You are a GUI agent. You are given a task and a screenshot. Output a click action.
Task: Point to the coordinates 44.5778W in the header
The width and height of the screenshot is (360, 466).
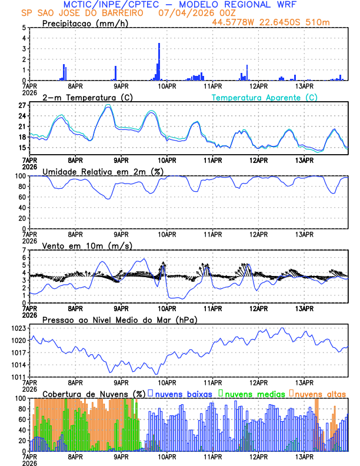tap(235, 22)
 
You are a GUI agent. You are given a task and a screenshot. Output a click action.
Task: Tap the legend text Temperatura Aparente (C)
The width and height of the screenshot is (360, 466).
tap(265, 97)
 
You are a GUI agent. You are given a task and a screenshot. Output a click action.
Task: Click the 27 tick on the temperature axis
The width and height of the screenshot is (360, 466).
tap(22, 105)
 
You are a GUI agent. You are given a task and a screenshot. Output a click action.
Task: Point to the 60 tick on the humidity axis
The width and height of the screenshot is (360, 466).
tap(21, 197)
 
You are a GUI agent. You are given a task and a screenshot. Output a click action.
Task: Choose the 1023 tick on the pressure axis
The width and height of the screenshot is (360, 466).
tap(19, 328)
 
